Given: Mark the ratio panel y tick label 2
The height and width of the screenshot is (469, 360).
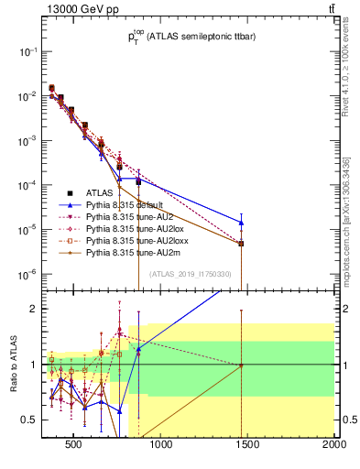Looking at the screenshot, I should [x=31, y=309].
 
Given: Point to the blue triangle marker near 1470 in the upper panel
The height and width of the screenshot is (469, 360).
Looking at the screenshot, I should [x=241, y=223].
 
